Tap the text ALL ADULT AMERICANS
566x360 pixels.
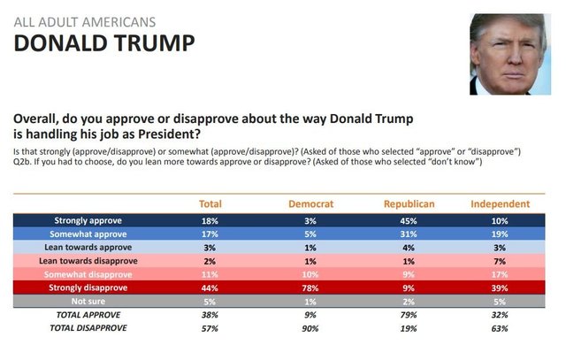(85, 19)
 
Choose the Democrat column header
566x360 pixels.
(310, 203)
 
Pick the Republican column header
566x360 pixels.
(409, 203)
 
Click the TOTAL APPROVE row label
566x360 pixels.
(88, 314)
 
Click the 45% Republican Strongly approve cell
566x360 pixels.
(409, 219)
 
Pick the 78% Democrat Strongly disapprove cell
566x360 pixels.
(310, 288)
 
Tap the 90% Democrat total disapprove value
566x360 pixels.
(310, 328)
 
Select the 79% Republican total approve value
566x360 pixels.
(409, 315)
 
